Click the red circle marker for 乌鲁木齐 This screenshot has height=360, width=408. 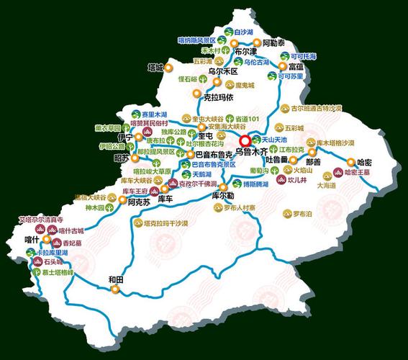[x=246, y=140]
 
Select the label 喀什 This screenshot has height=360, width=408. [x=31, y=239]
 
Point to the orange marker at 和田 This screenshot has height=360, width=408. [x=114, y=289]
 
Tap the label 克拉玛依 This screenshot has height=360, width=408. [x=218, y=97]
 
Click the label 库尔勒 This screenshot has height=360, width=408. [x=223, y=195]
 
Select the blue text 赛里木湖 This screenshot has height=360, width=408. [x=154, y=114]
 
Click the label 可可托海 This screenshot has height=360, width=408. [x=303, y=55]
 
